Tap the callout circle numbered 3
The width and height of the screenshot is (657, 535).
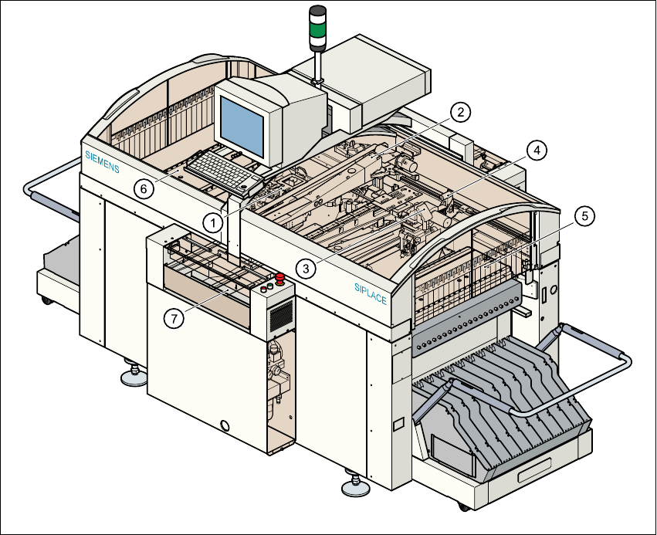(306, 268)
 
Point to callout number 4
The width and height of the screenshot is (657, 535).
(537, 150)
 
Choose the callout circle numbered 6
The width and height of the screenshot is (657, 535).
(141, 187)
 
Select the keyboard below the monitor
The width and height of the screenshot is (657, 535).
(222, 172)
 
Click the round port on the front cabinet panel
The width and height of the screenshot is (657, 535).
(225, 425)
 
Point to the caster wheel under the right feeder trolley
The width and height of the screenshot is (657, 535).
(463, 506)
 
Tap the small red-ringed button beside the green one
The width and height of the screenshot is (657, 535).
(264, 289)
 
